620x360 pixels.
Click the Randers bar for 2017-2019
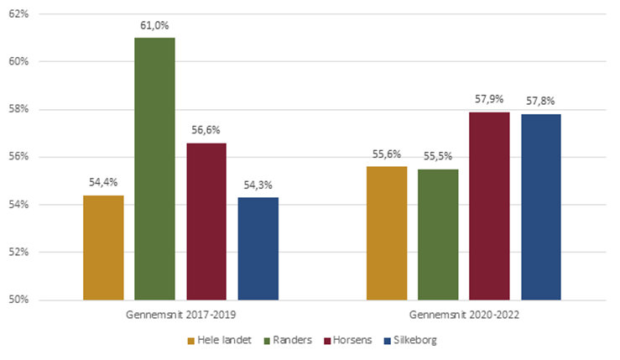click(x=155, y=168)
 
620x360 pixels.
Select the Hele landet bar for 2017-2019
click(x=103, y=248)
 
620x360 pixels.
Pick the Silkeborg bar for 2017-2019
click(x=258, y=248)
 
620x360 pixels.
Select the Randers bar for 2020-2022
click(x=438, y=234)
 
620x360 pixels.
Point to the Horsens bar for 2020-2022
click(x=489, y=206)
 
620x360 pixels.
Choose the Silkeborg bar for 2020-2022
click(x=541, y=206)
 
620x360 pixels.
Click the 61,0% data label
click(x=155, y=26)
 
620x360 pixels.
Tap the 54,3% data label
click(x=258, y=185)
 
